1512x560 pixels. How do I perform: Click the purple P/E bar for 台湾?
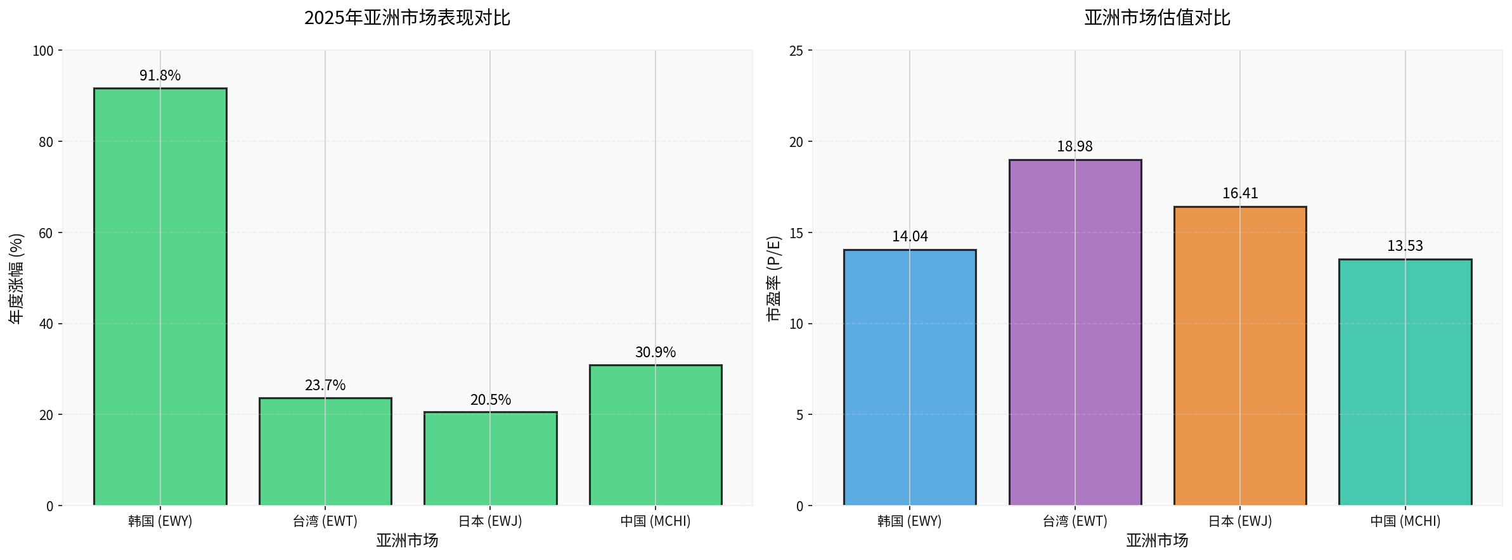click(1075, 333)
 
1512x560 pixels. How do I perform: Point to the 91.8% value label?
click(160, 75)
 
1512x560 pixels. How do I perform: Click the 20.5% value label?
click(490, 400)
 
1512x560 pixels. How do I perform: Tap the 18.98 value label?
click(1075, 146)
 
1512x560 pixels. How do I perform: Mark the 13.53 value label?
click(1405, 246)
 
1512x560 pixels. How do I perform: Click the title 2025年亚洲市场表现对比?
click(407, 18)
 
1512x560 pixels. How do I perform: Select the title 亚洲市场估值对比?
click(1157, 18)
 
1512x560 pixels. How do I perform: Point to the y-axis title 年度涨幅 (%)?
click(16, 279)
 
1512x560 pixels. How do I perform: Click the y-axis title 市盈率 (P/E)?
click(774, 279)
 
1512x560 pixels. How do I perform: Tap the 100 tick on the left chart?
click(43, 51)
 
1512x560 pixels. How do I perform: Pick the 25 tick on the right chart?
click(796, 51)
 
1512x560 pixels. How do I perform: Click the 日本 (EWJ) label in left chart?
click(490, 521)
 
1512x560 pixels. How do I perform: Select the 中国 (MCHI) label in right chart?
click(1405, 521)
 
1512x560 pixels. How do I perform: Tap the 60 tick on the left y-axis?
click(46, 233)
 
